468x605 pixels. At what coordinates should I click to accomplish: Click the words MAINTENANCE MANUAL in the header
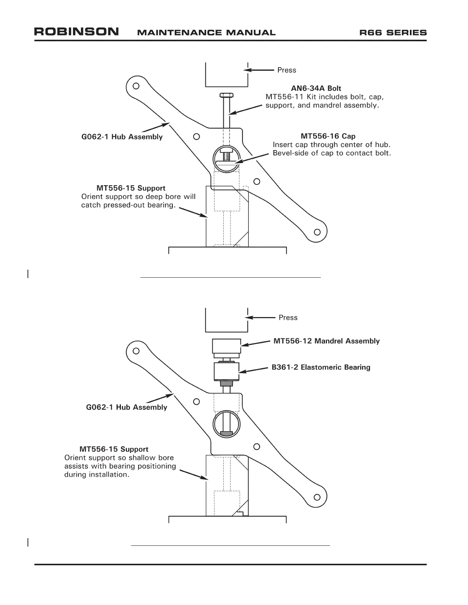[x=206, y=32]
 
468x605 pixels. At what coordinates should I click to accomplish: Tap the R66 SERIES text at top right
[x=393, y=32]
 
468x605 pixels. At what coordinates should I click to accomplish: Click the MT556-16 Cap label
[x=328, y=136]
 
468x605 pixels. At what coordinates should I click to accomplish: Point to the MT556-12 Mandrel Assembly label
[x=327, y=341]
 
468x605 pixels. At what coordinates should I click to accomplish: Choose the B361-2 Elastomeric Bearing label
[x=321, y=367]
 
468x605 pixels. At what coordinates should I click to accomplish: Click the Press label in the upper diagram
[x=286, y=70]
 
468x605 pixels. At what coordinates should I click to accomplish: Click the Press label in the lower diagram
[x=288, y=318]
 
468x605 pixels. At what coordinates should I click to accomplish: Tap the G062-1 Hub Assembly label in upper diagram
[x=122, y=137]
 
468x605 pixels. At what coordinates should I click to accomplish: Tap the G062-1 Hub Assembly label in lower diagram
[x=127, y=407]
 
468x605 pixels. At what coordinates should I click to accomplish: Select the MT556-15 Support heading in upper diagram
[x=131, y=188]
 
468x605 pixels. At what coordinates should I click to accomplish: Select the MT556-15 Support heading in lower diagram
[x=114, y=449]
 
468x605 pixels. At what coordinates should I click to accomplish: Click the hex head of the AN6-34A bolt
[x=227, y=95]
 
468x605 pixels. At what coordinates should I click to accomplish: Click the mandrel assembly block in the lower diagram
[x=227, y=348]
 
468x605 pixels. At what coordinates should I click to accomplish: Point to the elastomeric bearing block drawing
[x=227, y=372]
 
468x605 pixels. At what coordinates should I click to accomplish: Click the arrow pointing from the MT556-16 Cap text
[x=252, y=158]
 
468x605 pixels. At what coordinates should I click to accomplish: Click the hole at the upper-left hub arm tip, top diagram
[x=136, y=86]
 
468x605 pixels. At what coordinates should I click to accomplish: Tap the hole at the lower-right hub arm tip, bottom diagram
[x=317, y=497]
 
